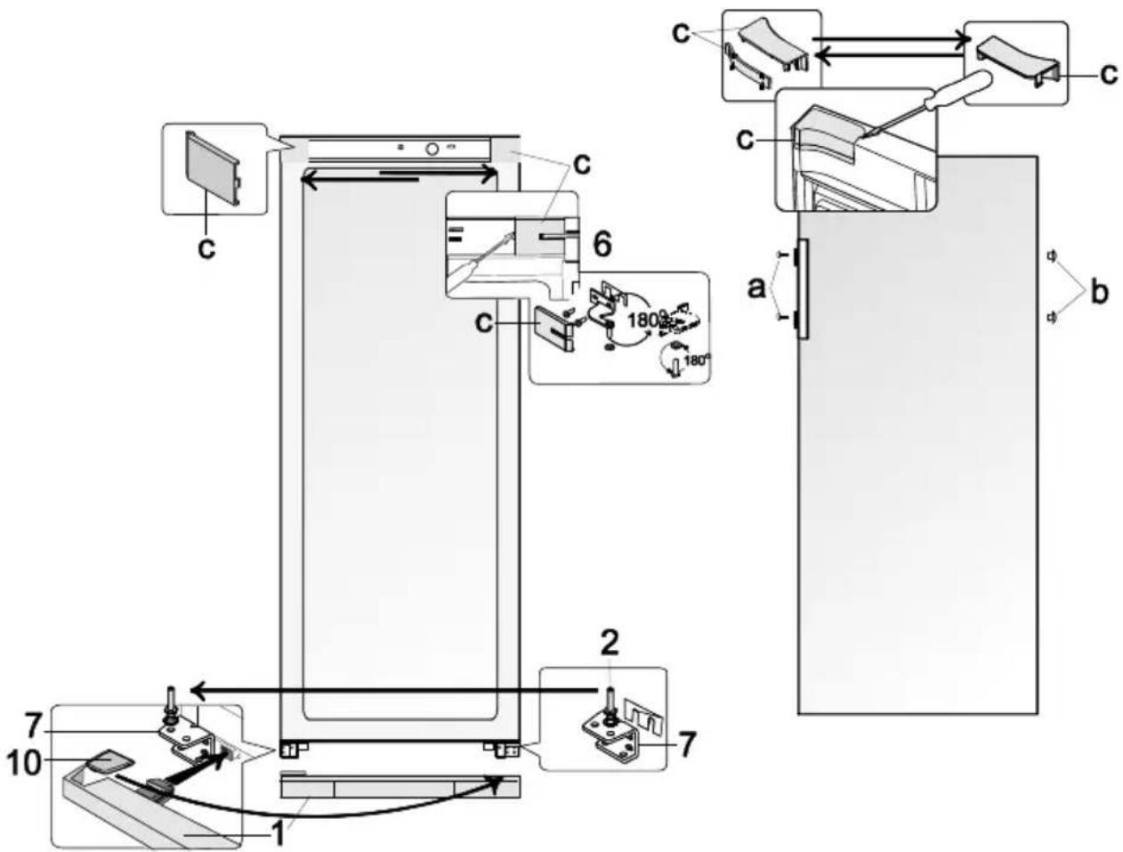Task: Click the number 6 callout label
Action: click(602, 245)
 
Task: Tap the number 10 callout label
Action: click(24, 764)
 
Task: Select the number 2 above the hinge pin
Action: click(609, 643)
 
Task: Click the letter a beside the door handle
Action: click(756, 288)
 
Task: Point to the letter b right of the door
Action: click(1099, 292)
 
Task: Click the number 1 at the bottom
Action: click(278, 832)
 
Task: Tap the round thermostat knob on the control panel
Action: click(432, 149)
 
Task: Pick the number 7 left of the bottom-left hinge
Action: click(33, 727)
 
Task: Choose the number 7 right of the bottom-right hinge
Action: click(686, 743)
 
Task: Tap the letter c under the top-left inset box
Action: click(206, 249)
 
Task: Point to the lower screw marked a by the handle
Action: click(780, 318)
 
